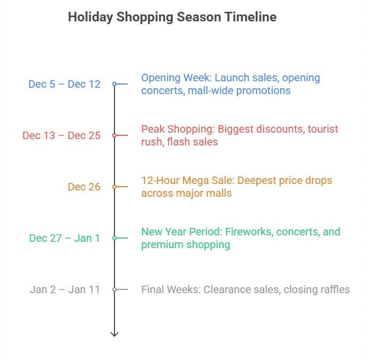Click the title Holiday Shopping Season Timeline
[172, 17]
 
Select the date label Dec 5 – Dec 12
[64, 84]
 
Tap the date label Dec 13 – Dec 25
[62, 135]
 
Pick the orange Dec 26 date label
[84, 187]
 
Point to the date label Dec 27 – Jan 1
[64, 238]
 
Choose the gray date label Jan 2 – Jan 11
[65, 289]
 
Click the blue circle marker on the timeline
[114, 84]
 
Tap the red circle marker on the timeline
[114, 135]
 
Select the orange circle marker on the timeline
[114, 187]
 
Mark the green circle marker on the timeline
[114, 238]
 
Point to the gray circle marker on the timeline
[114, 289]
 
